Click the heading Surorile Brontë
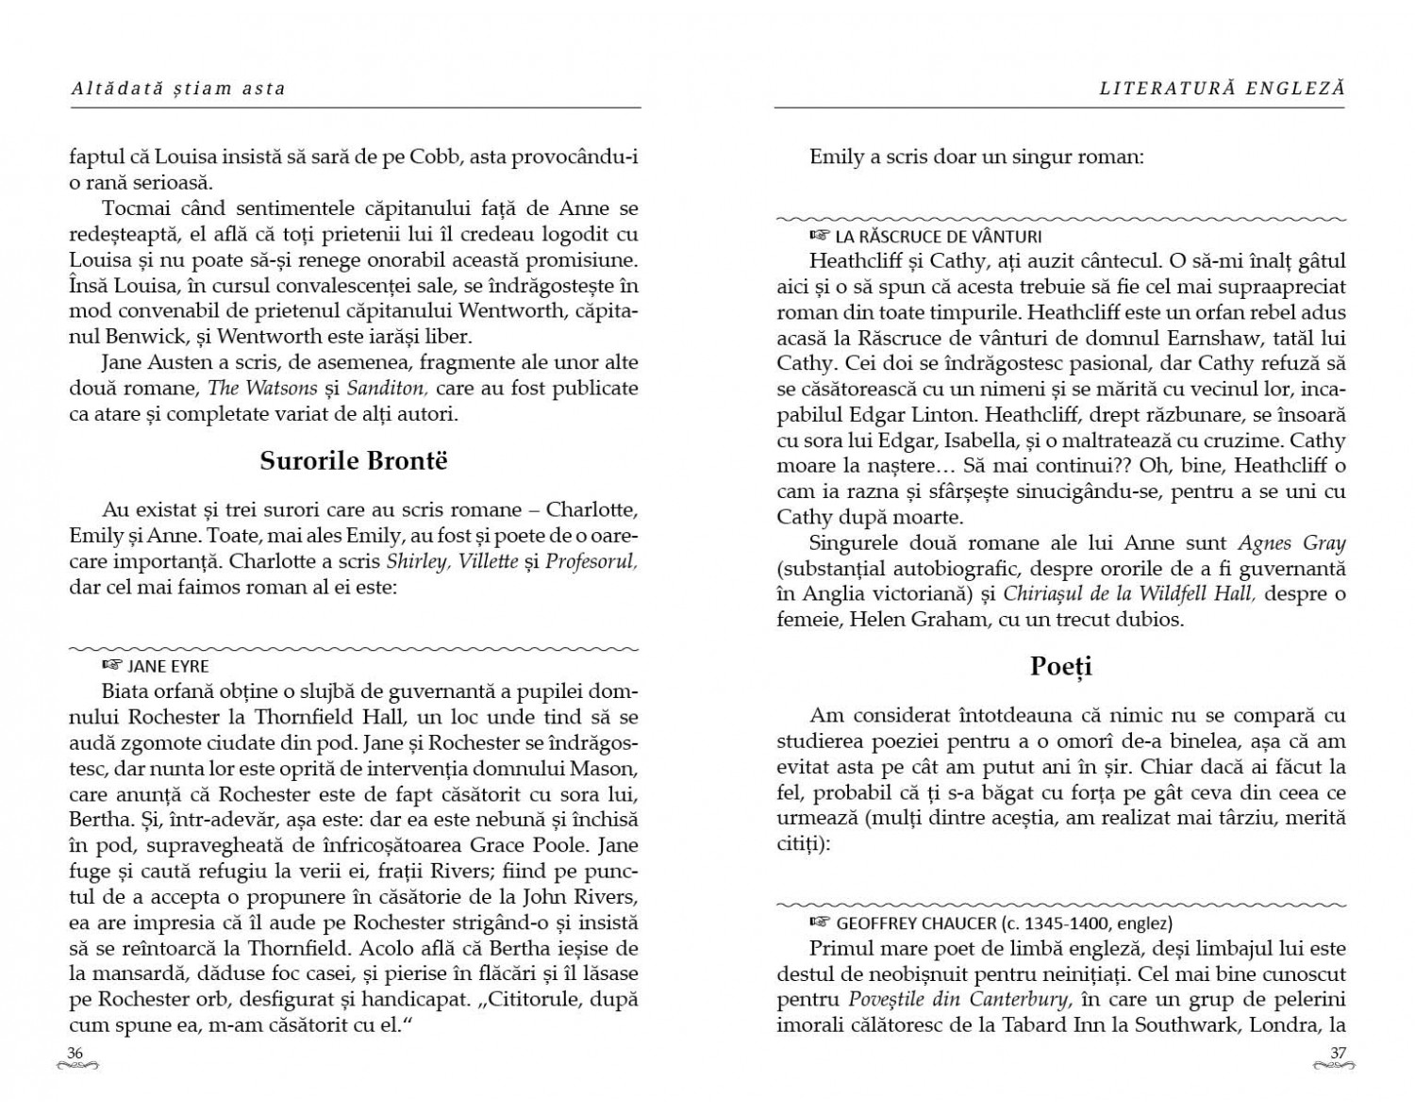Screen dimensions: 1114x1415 354,460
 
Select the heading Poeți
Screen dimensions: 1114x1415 1060,666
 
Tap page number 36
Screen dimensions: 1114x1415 75,1053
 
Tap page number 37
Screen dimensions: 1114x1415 1338,1053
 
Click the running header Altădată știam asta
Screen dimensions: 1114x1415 177,89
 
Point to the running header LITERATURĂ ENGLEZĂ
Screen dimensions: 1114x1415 1222,89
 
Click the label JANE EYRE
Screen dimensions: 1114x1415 168,667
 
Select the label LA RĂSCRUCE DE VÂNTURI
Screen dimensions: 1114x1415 938,237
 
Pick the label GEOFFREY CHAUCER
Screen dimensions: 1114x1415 915,923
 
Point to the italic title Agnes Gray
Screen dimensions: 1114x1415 1291,542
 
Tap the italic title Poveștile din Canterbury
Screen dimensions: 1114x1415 959,999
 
